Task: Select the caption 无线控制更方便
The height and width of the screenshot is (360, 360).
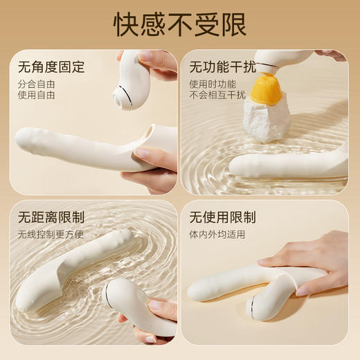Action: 51,234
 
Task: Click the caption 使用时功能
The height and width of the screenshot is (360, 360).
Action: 208,85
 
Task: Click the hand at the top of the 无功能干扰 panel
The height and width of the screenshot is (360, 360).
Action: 331,55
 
